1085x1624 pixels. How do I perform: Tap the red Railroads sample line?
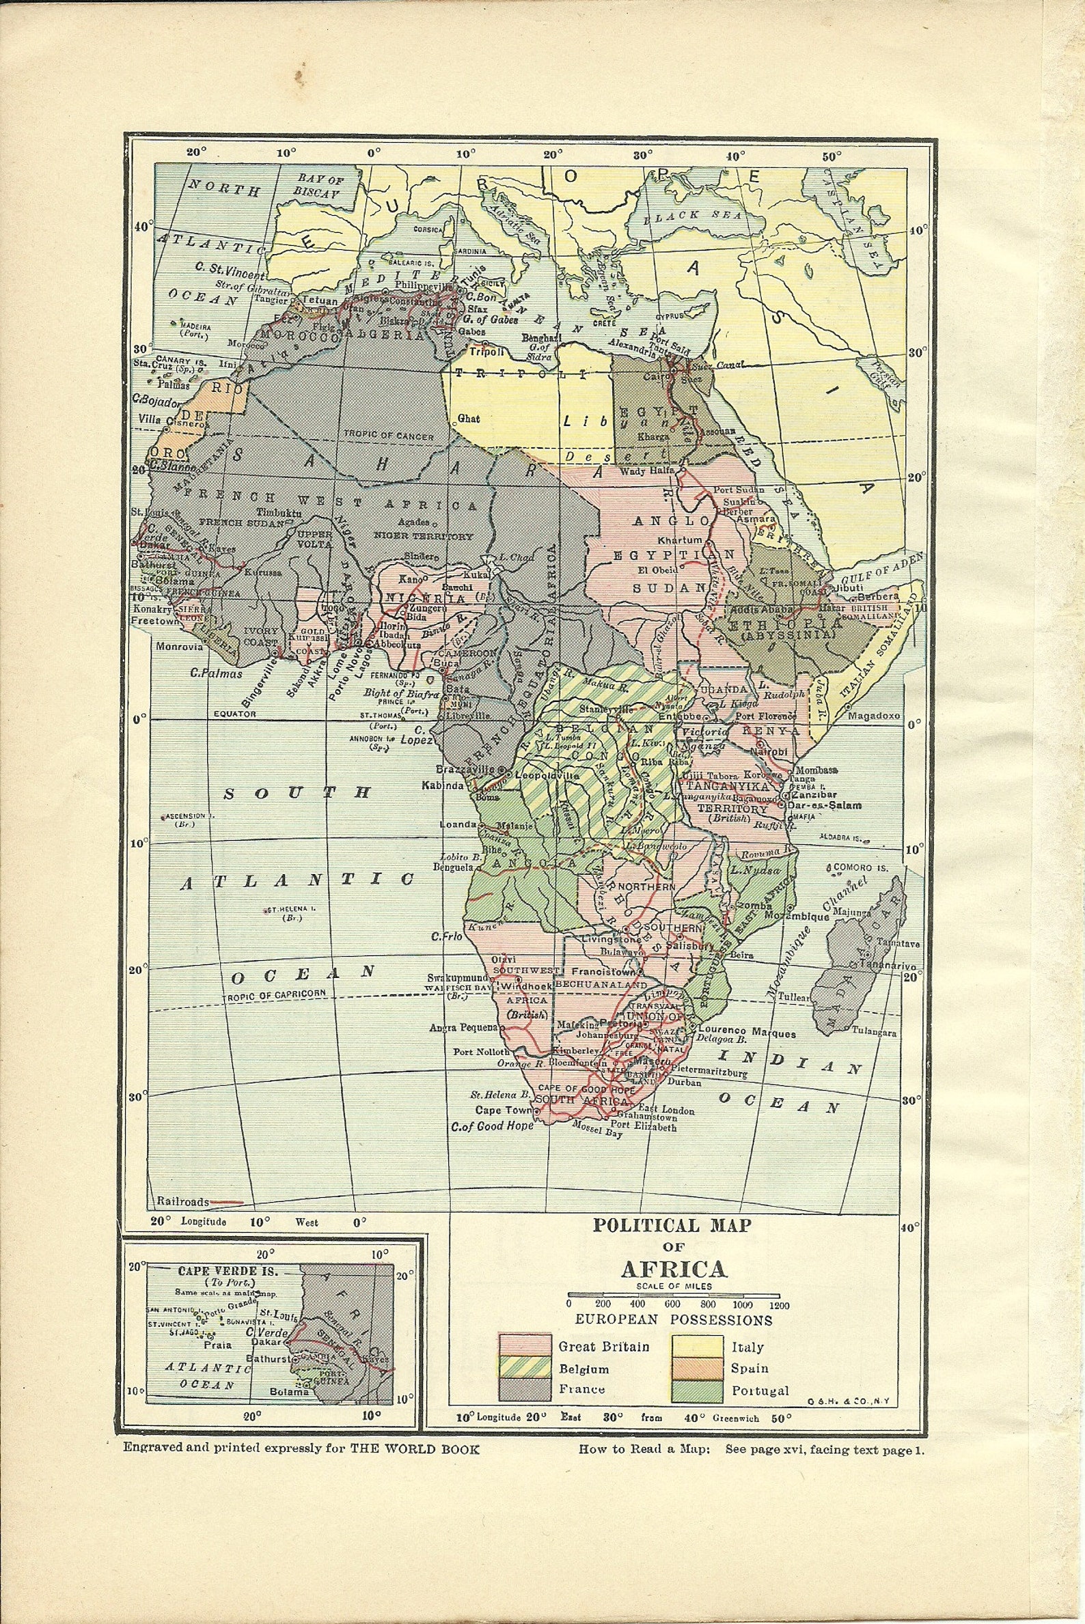(x=227, y=1202)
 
